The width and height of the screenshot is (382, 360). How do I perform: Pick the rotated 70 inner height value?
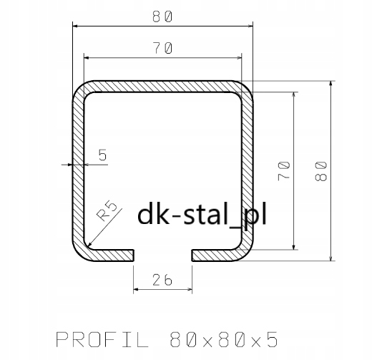pyautogui.click(x=284, y=170)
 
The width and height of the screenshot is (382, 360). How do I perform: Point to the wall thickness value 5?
pyautogui.click(x=102, y=154)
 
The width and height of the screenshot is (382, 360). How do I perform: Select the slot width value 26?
pyautogui.click(x=163, y=281)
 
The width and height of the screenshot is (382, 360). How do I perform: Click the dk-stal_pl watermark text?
pyautogui.click(x=200, y=213)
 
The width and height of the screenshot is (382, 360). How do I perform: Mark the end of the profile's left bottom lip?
pyautogui.click(x=132, y=255)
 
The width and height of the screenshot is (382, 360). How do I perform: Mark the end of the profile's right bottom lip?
pyautogui.click(x=193, y=255)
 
